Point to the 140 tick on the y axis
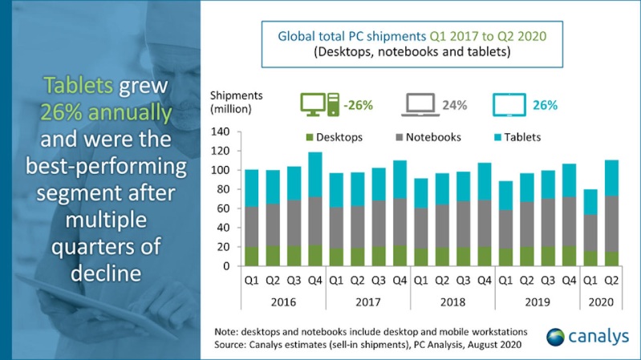point(220,131)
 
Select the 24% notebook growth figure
point(455,105)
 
